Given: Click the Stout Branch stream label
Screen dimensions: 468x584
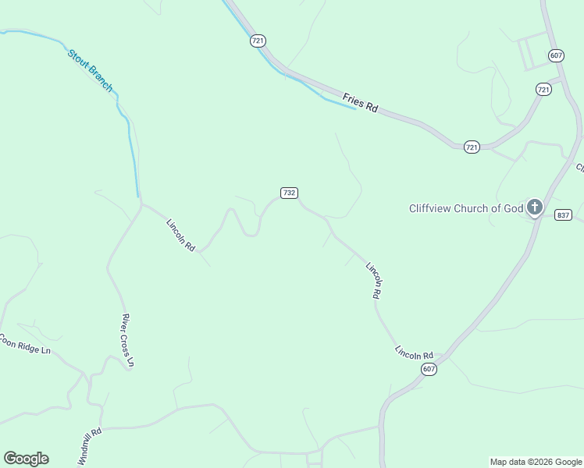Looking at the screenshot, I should pyautogui.click(x=90, y=70).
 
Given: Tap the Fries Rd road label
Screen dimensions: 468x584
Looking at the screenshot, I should pyautogui.click(x=360, y=103).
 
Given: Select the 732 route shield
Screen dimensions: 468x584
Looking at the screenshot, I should pyautogui.click(x=289, y=193).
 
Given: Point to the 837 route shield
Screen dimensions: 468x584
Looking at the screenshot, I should pyautogui.click(x=563, y=214).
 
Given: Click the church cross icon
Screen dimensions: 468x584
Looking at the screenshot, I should pyautogui.click(x=535, y=207).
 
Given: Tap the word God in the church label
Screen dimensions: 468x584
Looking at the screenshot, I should pyautogui.click(x=511, y=208).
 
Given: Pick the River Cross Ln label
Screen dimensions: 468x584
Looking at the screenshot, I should pyautogui.click(x=128, y=340).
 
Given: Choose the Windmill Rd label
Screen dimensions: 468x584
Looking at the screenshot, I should pyautogui.click(x=90, y=446).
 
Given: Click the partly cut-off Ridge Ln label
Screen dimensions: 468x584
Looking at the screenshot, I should pyautogui.click(x=25, y=345).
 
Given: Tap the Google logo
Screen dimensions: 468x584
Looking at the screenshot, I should pyautogui.click(x=26, y=459).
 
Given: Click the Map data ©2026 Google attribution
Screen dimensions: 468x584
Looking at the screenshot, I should pyautogui.click(x=536, y=462).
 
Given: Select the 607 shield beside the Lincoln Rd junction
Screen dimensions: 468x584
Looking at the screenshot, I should pyautogui.click(x=428, y=369).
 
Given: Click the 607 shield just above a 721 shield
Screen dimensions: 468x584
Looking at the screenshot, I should pyautogui.click(x=556, y=55).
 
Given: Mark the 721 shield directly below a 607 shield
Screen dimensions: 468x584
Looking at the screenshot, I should pyautogui.click(x=543, y=90).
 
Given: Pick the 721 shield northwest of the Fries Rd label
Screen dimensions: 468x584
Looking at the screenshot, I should pyautogui.click(x=258, y=41).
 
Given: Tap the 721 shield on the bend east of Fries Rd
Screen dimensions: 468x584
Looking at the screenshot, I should pyautogui.click(x=472, y=147).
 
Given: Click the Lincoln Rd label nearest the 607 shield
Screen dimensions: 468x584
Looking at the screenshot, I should pyautogui.click(x=414, y=353).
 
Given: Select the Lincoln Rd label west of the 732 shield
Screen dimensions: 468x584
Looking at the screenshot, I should pyautogui.click(x=180, y=234).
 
